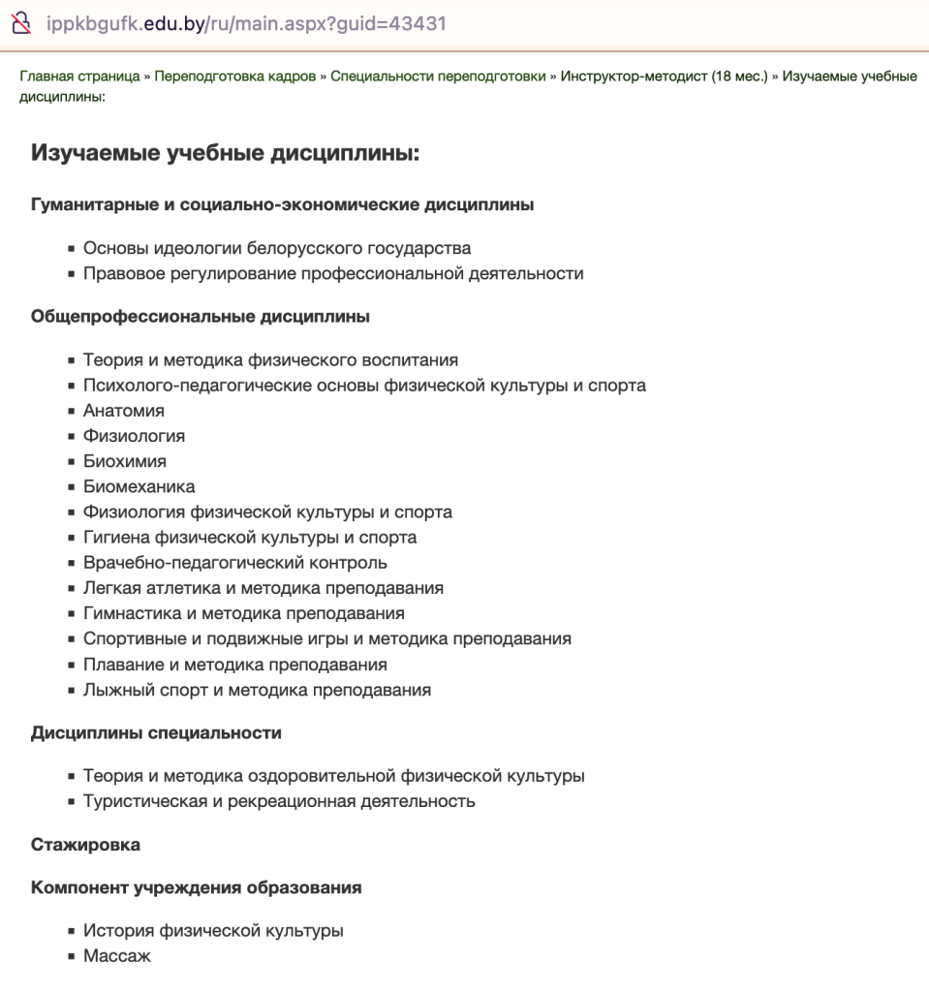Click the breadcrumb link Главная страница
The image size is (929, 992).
click(x=79, y=77)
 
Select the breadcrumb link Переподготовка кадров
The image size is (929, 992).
click(x=234, y=77)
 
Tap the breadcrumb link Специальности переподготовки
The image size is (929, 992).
click(x=438, y=77)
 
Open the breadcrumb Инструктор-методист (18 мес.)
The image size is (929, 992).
click(x=664, y=77)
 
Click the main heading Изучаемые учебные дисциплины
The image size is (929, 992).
click(x=226, y=152)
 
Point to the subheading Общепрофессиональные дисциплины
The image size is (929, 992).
click(x=201, y=316)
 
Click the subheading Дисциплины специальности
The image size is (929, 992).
click(x=156, y=732)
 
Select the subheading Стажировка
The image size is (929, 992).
click(x=85, y=844)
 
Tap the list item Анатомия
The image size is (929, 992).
click(x=123, y=411)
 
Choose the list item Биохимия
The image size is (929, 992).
click(x=124, y=461)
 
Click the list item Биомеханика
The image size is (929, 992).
click(x=139, y=486)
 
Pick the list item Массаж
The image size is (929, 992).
click(x=116, y=956)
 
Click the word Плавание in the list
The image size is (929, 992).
click(x=122, y=665)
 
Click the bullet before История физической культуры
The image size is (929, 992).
click(x=72, y=932)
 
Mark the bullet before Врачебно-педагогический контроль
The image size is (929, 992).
click(x=72, y=563)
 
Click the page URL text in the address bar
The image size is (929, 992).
click(x=246, y=23)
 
